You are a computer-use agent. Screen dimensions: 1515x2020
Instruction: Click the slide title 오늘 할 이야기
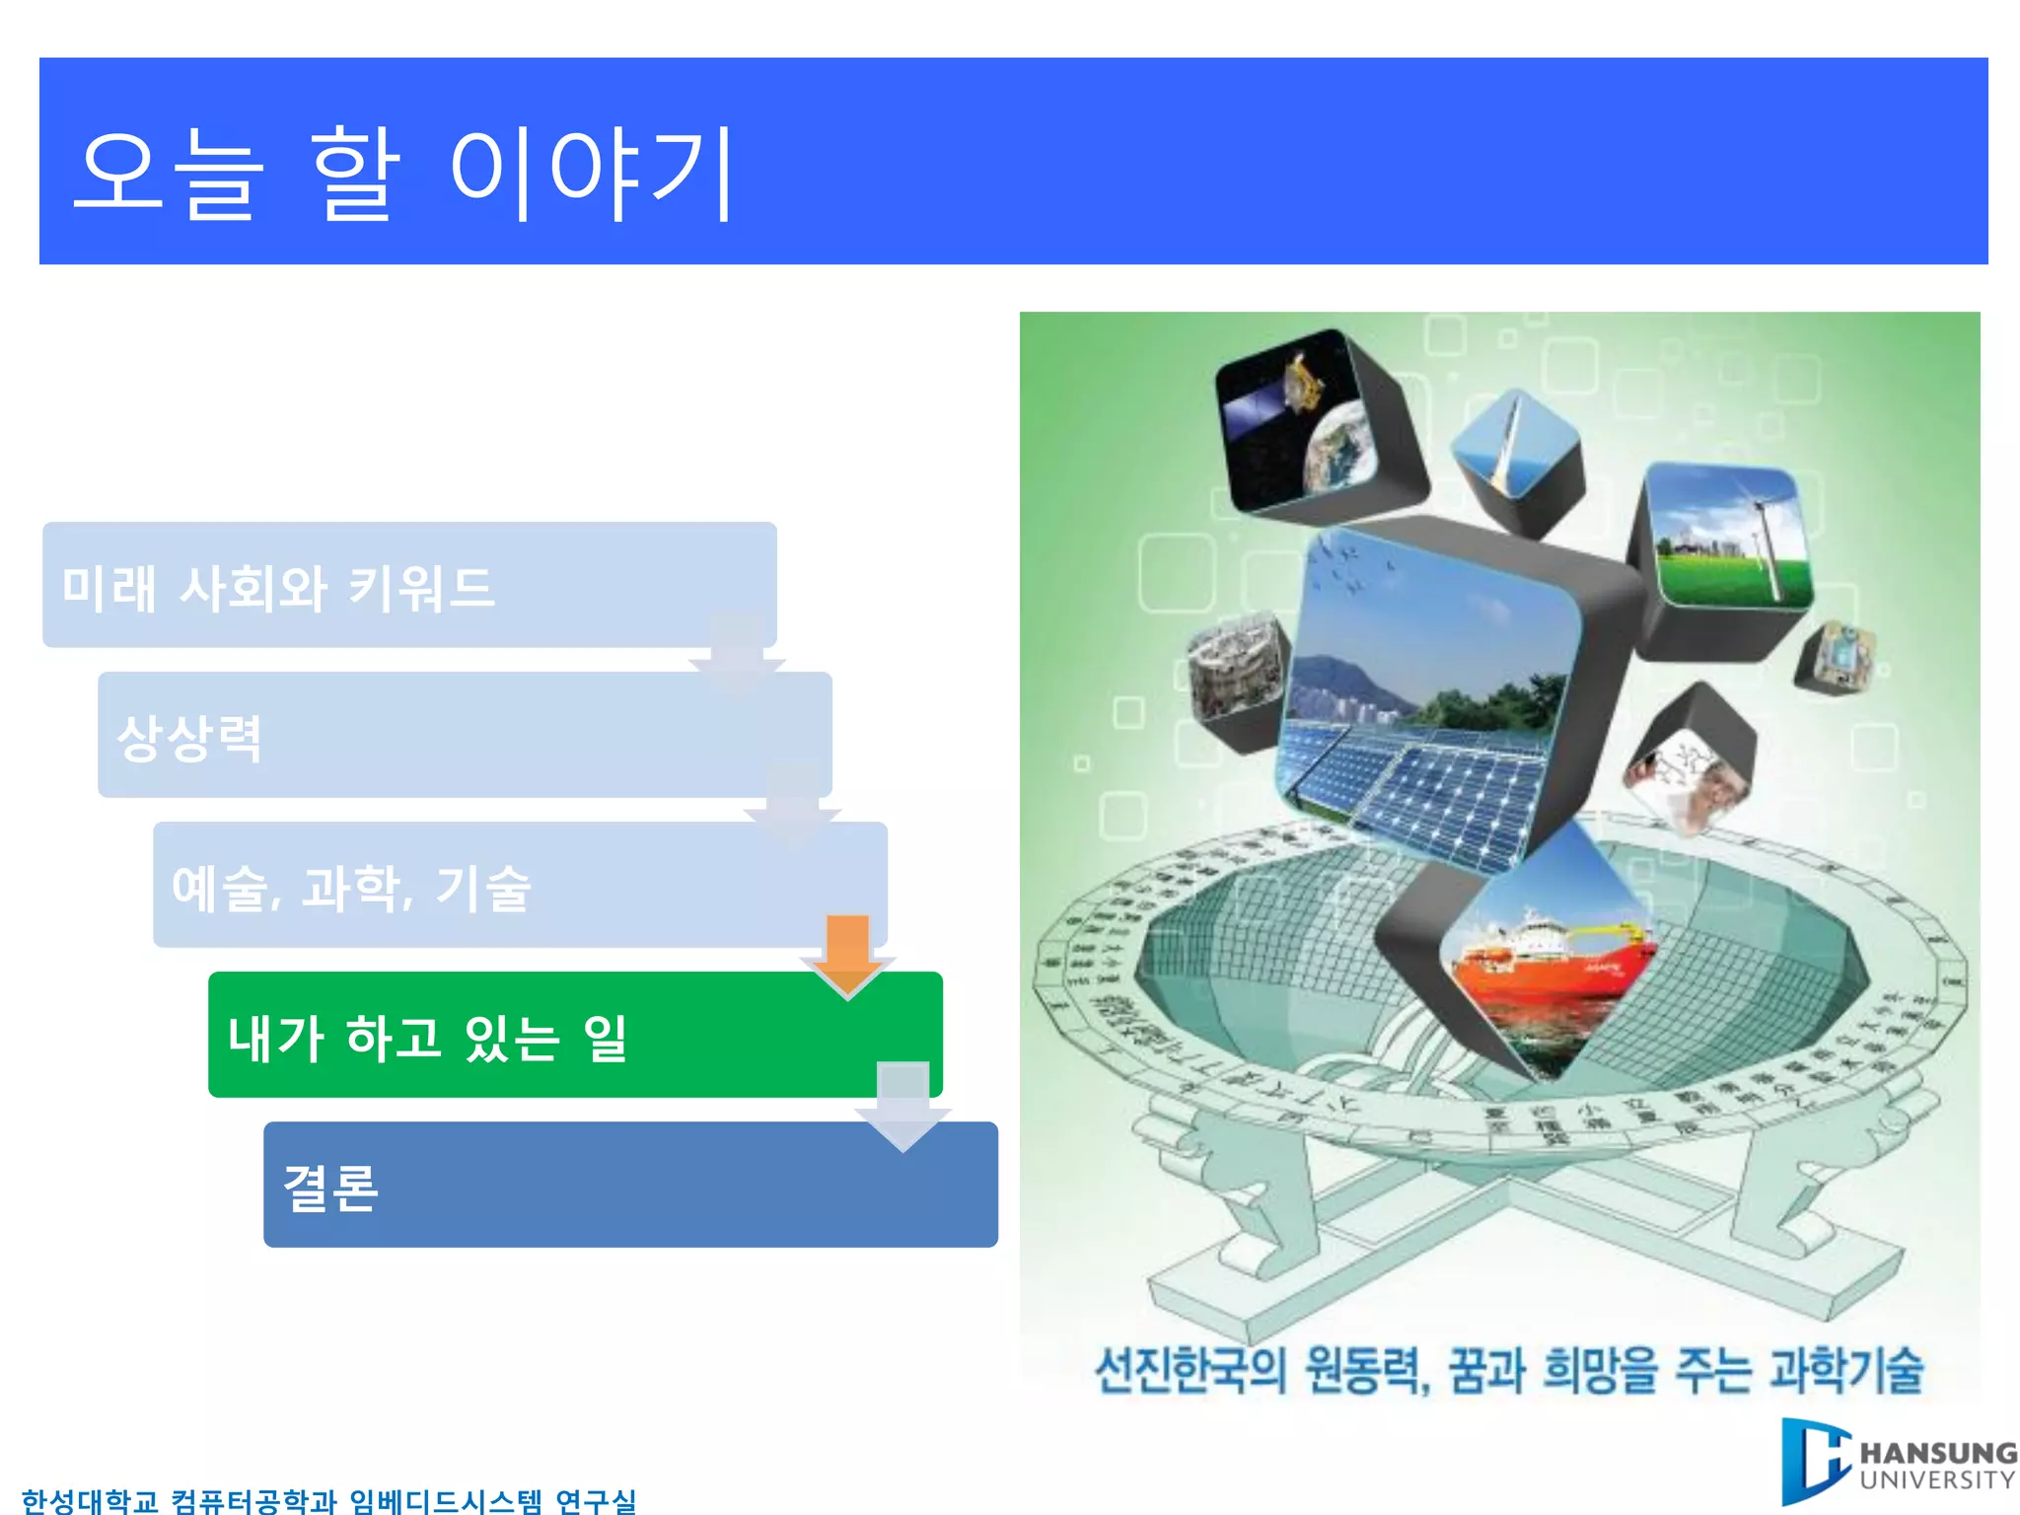tap(404, 173)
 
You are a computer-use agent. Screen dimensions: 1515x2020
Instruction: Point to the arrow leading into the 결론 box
tap(902, 1105)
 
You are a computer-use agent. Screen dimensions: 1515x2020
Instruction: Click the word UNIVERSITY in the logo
tap(1937, 1480)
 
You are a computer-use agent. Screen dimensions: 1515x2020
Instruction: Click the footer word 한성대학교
tap(89, 1500)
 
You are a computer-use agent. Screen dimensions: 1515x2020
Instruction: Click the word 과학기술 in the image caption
tap(1845, 1370)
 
